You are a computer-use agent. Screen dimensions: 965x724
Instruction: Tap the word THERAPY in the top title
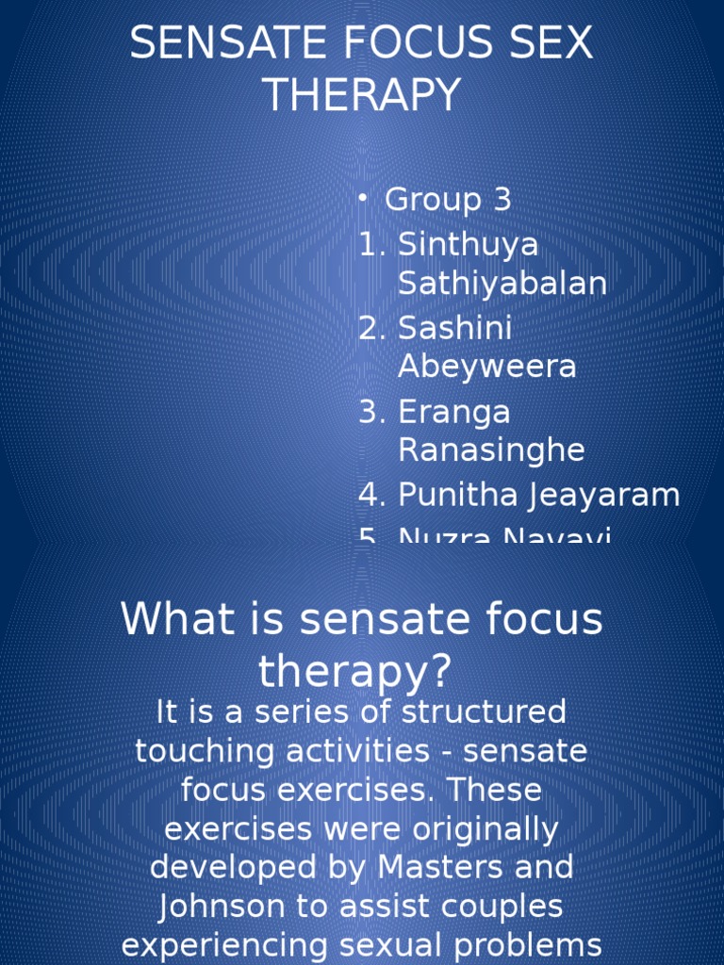click(361, 94)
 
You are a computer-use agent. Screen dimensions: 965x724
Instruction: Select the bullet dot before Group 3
click(364, 199)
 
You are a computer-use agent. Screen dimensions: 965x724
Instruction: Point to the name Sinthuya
click(468, 244)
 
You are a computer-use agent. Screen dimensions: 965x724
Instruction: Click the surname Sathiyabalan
click(502, 283)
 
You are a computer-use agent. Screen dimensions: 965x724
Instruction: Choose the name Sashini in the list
click(454, 328)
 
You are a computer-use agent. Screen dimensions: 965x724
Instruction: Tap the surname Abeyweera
click(486, 367)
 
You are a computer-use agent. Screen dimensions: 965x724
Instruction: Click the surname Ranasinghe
click(491, 450)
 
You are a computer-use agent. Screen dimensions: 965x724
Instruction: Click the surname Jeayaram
click(603, 495)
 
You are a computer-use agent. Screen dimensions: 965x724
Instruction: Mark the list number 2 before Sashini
click(369, 328)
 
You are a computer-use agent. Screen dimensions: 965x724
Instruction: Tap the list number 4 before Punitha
click(369, 495)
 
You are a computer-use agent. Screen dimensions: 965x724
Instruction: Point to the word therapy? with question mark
click(355, 671)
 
